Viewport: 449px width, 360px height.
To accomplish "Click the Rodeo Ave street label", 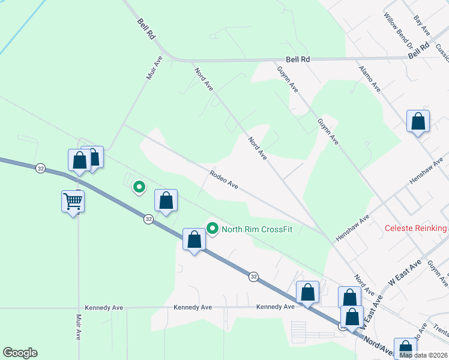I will pos(224,180).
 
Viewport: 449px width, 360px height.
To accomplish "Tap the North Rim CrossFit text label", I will pos(257,229).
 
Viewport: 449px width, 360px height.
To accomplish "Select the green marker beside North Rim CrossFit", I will pos(212,228).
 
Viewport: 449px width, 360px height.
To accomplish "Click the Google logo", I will pos(20,353).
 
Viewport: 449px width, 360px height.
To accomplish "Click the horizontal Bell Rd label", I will pos(298,59).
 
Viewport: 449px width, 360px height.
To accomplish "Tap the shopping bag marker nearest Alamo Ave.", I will pos(418,122).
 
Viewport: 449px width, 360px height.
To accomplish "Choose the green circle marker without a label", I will pos(139,187).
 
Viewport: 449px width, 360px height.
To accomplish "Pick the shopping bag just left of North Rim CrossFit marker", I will pos(194,239).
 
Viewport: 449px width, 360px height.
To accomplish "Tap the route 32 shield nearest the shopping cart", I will pos(40,168).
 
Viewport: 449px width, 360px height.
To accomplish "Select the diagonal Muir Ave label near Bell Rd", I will pos(154,68).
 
